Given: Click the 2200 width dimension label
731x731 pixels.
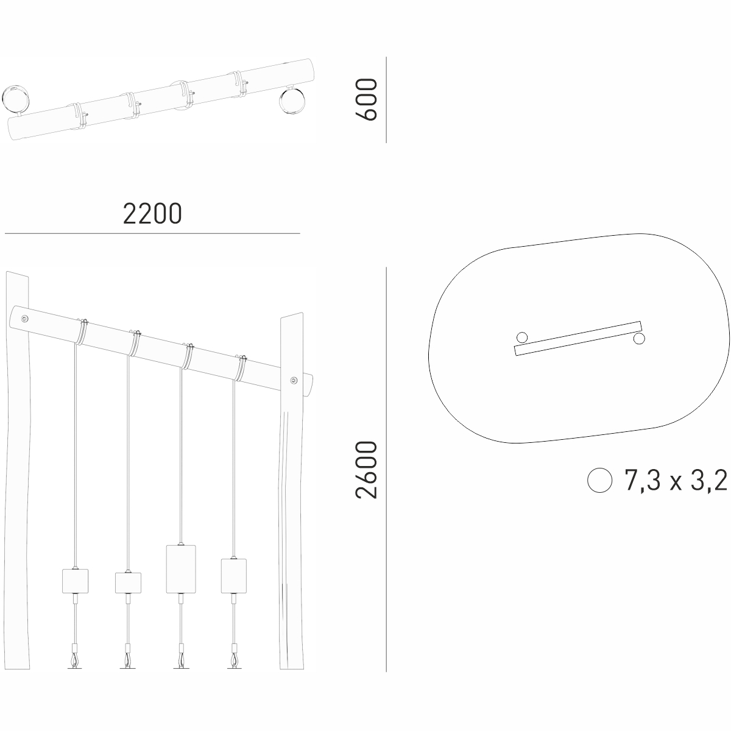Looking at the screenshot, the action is pyautogui.click(x=152, y=214).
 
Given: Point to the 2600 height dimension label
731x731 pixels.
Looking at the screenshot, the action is pyautogui.click(x=367, y=469).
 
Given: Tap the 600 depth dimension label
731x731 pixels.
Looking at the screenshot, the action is pyautogui.click(x=367, y=99).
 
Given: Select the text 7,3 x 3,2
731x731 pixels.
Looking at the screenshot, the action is pyautogui.click(x=676, y=480).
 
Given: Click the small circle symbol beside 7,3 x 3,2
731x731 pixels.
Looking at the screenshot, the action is pyautogui.click(x=600, y=480).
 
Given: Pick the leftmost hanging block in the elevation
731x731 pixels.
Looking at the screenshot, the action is pyautogui.click(x=75, y=581).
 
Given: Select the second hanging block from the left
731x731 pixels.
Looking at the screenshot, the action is pyautogui.click(x=128, y=583).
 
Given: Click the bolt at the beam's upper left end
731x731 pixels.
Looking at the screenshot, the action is pyautogui.click(x=24, y=319).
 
